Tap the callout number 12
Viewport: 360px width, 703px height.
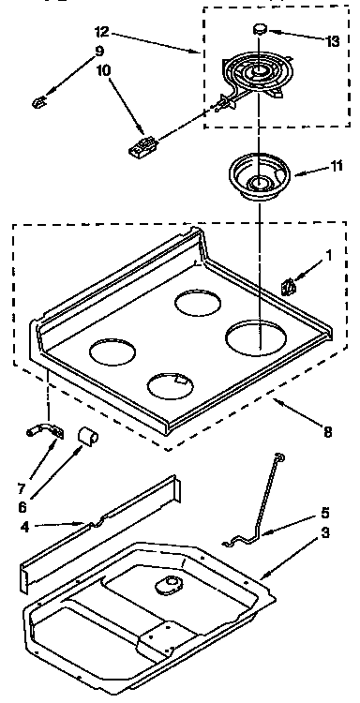103,33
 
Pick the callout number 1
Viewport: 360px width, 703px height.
328,255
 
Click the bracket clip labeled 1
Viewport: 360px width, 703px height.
291,284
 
